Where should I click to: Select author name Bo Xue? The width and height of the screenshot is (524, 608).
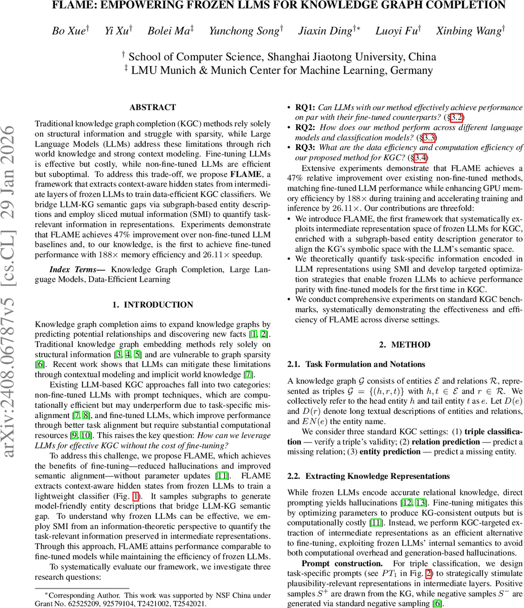coord(68,31)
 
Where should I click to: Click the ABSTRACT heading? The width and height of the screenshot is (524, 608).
coord(152,107)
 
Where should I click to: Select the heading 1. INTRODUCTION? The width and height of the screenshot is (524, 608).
coord(152,305)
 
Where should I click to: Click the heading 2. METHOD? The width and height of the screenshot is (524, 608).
coord(405,345)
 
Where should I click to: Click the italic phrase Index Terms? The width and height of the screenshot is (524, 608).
coord(76,269)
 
